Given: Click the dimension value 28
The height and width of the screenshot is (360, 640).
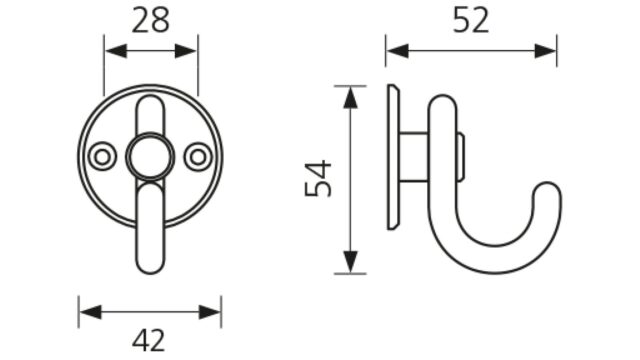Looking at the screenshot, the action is coord(150,21).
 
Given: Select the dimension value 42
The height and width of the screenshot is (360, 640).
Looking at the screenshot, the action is coord(149,340).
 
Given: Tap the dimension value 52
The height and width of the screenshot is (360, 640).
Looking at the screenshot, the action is coord(471,21).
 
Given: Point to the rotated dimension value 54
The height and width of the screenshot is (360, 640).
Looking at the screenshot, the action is coord(318,178).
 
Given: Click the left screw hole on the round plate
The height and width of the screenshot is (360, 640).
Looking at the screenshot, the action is coord(102,157).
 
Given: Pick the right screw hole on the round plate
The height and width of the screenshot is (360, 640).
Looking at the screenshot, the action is coord(198,157).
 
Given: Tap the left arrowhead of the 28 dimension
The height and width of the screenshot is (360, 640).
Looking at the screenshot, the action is coord(116,51).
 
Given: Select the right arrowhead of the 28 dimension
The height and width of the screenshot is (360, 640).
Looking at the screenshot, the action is coord(186,51).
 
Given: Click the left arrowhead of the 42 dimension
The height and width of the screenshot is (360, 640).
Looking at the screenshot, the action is coord(90,312).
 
